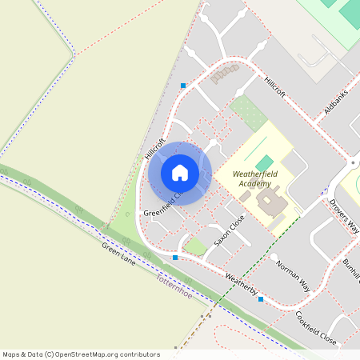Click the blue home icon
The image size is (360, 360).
pos(180,173)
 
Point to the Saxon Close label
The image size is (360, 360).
pos(229,230)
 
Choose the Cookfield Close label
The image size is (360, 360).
pos(316,327)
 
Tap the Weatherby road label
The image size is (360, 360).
pos(242,285)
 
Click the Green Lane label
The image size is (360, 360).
pos(117,255)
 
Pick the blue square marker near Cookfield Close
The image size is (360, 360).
pos(261,299)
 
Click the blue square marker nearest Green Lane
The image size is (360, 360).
pos(175,258)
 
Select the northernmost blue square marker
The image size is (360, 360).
pos(183,86)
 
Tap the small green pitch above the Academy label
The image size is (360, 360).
pos(264,163)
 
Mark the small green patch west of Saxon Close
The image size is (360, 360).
pos(194,246)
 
